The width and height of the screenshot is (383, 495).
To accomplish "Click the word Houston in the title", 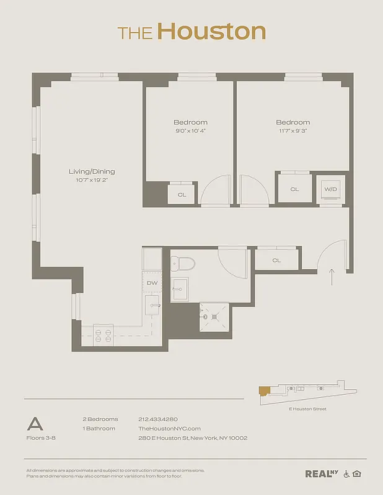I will (x=211, y=32).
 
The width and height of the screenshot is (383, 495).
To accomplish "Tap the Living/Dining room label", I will (x=92, y=171).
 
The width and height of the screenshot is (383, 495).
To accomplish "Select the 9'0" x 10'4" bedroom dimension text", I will (x=190, y=131).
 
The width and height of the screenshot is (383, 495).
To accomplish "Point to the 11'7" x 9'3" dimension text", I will (x=293, y=131).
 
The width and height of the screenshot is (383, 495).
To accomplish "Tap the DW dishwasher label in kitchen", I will (x=152, y=283).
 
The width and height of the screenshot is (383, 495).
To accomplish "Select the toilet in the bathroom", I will (x=183, y=264).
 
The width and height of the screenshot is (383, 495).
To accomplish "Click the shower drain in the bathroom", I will (x=214, y=317).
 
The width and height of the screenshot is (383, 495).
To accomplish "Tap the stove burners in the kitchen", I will (x=103, y=335).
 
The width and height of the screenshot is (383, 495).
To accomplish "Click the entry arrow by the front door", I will (x=332, y=277).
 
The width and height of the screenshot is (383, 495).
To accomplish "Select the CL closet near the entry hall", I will (x=276, y=260).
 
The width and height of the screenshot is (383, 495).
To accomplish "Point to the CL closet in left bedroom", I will (x=182, y=194).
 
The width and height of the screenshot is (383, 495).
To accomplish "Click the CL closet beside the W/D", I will (x=294, y=189).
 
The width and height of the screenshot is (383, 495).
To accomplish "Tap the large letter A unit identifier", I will (x=35, y=424).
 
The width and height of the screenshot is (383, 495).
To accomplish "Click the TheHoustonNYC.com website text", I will (x=169, y=428).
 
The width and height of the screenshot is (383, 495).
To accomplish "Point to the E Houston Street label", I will (x=307, y=409).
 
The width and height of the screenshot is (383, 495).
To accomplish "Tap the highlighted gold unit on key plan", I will (x=264, y=390).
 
